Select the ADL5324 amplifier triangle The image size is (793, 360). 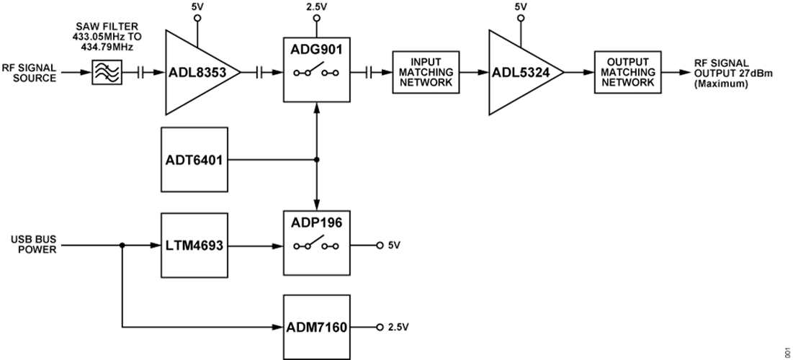click(x=519, y=73)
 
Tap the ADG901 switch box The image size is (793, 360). click(x=316, y=73)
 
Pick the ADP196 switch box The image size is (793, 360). click(x=316, y=245)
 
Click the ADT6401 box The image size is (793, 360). click(x=195, y=160)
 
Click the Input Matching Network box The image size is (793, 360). click(x=425, y=73)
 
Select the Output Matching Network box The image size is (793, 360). click(x=627, y=73)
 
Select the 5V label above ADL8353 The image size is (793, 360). click(x=197, y=6)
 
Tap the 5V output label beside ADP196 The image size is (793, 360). click(x=393, y=246)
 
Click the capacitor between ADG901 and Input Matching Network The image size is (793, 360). click(x=369, y=73)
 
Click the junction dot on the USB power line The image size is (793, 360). click(x=123, y=246)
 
